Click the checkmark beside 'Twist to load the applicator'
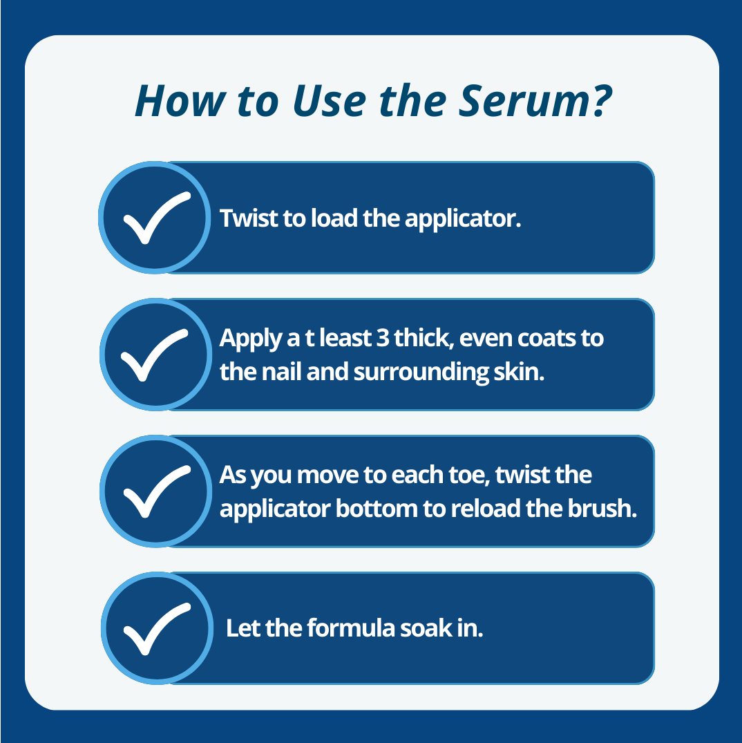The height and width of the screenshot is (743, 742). click(x=155, y=218)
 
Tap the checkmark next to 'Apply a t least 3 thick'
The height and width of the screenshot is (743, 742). click(x=155, y=355)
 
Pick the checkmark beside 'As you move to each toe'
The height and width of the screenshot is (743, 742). click(x=155, y=491)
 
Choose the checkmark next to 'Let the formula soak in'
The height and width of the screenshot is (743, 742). click(x=155, y=628)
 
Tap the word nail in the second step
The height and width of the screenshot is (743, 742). click(x=283, y=372)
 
